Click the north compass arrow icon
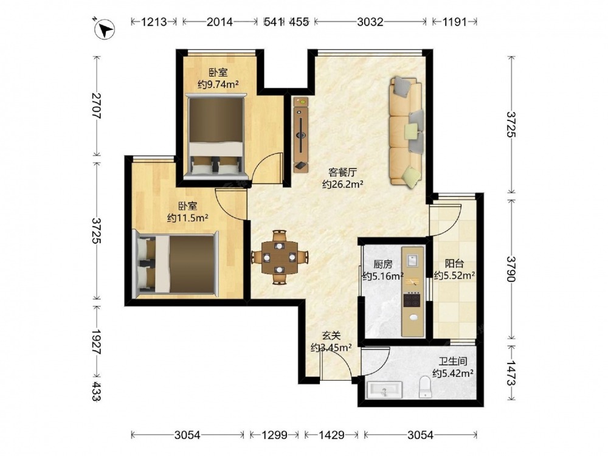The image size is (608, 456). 105,29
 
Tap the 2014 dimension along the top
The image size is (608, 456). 219,22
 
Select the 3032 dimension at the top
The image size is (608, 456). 370,22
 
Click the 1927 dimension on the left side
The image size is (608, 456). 96,342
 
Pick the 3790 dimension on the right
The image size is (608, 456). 512,269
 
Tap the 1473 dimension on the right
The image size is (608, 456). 512,373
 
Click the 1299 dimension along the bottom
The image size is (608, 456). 275,435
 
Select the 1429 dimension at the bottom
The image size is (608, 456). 331,435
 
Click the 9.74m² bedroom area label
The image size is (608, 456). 218,84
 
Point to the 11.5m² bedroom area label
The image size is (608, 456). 188,218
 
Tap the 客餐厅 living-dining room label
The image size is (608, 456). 342,172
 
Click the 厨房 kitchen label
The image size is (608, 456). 382,264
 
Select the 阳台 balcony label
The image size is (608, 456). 454,264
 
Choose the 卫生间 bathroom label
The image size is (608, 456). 453,361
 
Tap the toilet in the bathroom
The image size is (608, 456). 426,386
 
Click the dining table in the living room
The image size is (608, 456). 280,257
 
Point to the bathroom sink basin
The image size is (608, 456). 384,390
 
